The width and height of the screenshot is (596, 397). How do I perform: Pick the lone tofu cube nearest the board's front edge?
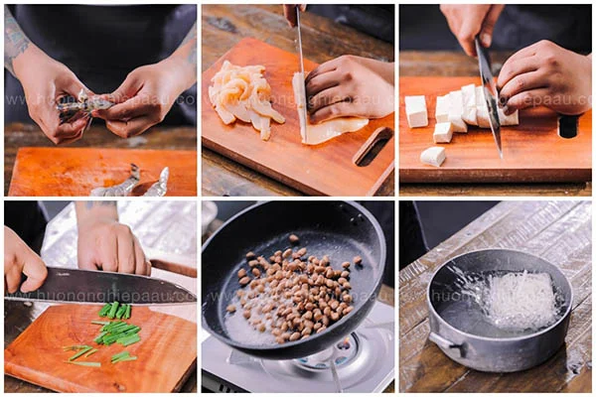coord(432,156)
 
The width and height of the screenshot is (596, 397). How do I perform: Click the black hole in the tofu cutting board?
coord(568,126)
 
